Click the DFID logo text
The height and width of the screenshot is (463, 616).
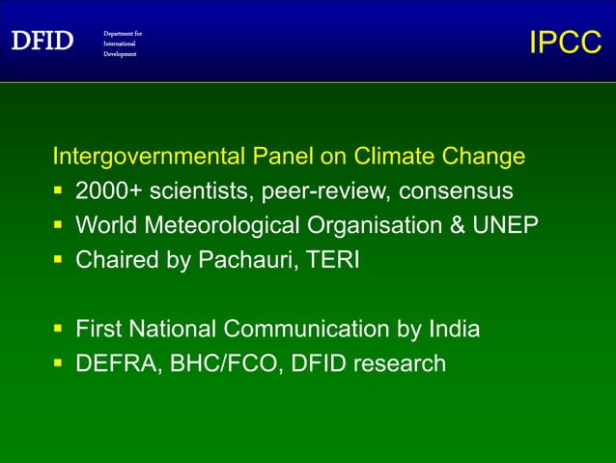[42, 42]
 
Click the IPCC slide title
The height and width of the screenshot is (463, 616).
[566, 43]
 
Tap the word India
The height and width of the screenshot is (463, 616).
[453, 330]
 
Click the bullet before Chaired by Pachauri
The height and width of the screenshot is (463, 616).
[59, 261]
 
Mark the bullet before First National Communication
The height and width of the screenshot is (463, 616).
[59, 331]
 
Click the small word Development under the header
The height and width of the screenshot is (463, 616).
[121, 54]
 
